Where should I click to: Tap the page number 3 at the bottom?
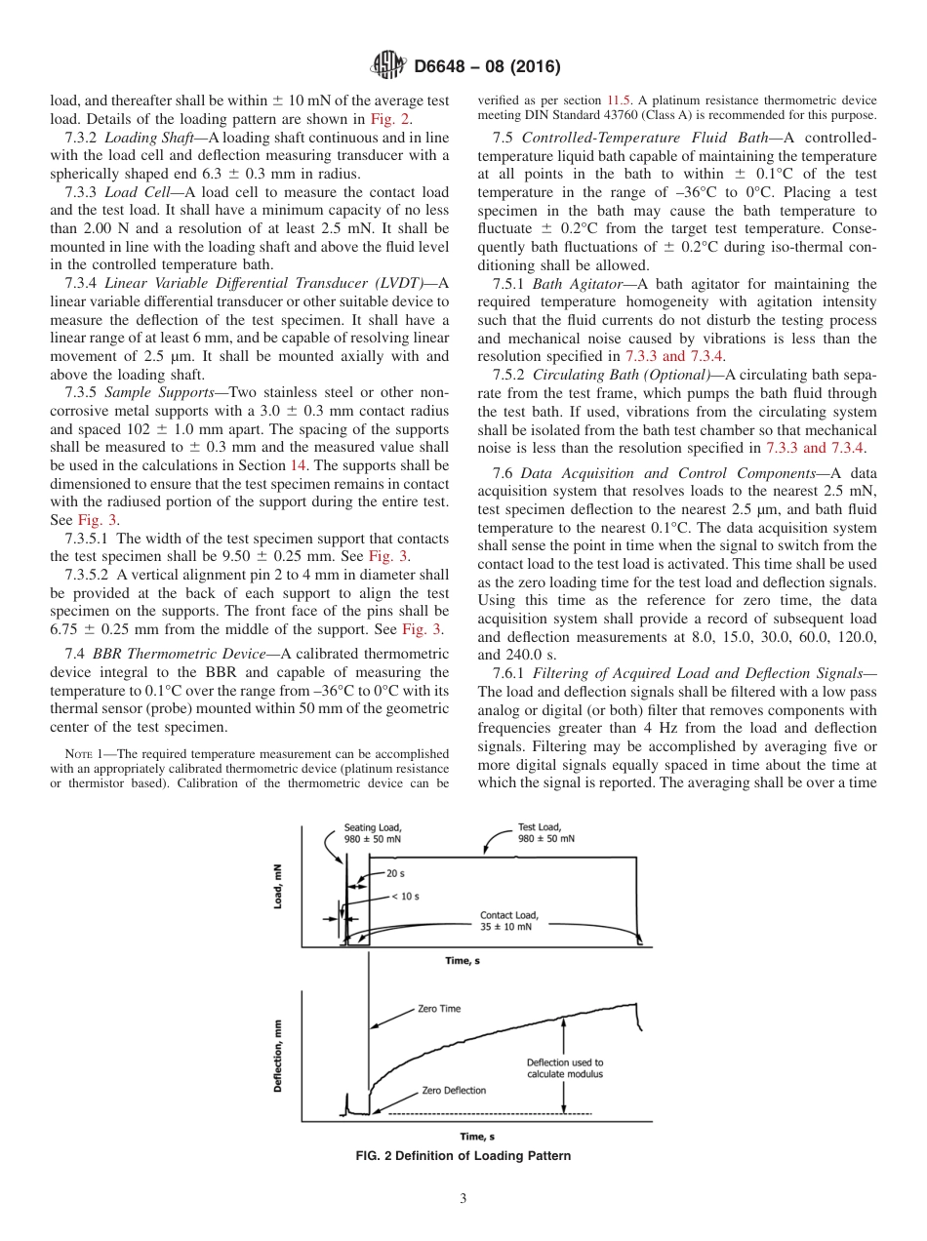pyautogui.click(x=463, y=1198)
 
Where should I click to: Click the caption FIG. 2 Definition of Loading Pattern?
pyautogui.click(x=463, y=1156)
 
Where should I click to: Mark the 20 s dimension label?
pyautogui.click(x=395, y=873)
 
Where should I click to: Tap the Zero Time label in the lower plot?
pyautogui.click(x=439, y=1009)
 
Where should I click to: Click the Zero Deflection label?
pyautogui.click(x=454, y=1090)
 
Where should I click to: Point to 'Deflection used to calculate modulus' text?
pyautogui.click(x=564, y=1068)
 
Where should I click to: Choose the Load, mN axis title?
pyautogui.click(x=278, y=889)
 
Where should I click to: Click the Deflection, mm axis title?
pyautogui.click(x=278, y=1056)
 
